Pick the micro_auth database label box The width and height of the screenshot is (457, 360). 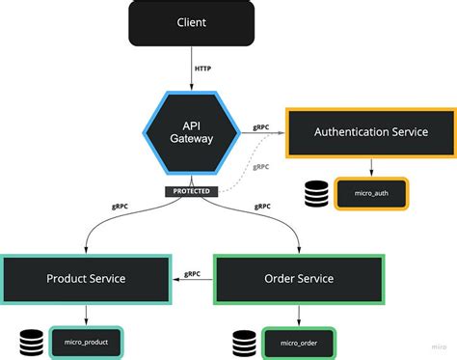371,193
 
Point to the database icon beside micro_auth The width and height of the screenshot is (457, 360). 315,193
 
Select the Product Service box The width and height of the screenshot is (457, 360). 87,279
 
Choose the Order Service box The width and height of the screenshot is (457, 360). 298,279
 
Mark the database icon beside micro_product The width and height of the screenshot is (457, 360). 32,342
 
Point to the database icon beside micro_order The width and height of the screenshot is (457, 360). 245,342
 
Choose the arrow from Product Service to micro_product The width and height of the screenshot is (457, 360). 88,315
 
